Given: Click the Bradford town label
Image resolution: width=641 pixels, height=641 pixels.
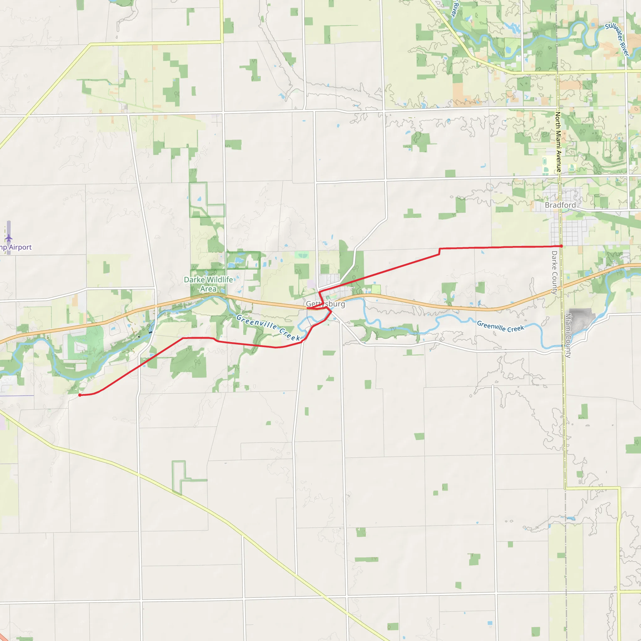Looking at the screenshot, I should point(560,205).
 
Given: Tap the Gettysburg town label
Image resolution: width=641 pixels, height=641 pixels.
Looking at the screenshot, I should point(325,304).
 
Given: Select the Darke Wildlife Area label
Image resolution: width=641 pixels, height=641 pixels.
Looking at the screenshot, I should point(208,284).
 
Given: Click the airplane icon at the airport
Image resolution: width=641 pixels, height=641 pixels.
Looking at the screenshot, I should point(9,238).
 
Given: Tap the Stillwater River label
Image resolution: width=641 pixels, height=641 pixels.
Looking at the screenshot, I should point(617,39).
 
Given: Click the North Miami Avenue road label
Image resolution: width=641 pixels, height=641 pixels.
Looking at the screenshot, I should point(558,142).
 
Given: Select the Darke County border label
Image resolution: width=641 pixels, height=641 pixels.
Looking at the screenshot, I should point(554,272).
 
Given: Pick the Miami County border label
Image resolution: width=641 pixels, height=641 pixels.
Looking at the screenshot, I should point(568,336).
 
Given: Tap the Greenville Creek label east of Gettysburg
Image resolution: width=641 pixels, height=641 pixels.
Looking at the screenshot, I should point(500,326).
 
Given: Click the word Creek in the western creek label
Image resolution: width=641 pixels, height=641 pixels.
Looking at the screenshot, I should point(290,335).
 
